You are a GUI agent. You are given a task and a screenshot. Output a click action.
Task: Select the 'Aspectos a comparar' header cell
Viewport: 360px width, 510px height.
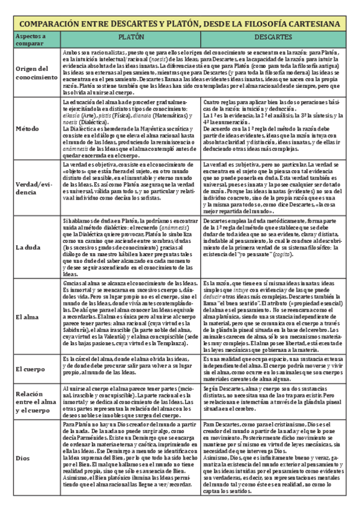[x=30, y=40]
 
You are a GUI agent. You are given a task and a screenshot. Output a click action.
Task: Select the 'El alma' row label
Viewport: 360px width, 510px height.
[x=26, y=316]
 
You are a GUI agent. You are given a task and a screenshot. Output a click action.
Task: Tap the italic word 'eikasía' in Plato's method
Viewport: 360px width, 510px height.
[x=73, y=115]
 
